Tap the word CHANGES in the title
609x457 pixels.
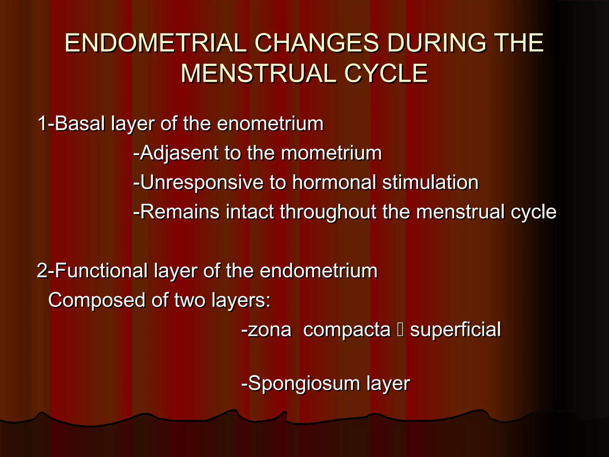pyautogui.click(x=317, y=43)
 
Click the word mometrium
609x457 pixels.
pyautogui.click(x=331, y=153)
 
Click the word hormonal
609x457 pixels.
pyautogui.click(x=334, y=182)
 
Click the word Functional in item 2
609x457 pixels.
pyautogui.click(x=101, y=271)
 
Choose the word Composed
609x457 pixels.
pyautogui.click(x=97, y=300)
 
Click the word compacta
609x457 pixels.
pyautogui.click(x=347, y=330)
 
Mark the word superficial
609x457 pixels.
pyautogui.click(x=455, y=330)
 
